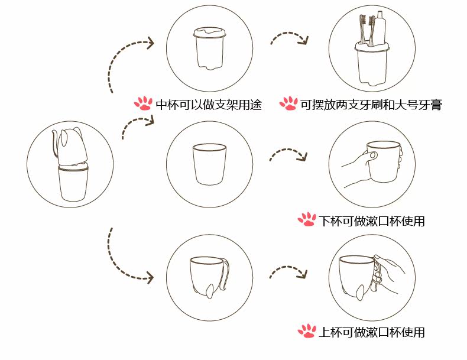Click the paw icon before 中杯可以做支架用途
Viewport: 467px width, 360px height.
tap(143, 103)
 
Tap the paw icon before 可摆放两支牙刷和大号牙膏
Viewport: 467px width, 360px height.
tap(288, 104)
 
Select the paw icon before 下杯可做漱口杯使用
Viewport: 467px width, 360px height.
tap(307, 220)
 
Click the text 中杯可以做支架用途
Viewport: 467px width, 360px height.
tap(208, 105)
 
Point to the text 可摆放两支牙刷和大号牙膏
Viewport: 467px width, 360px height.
tap(371, 105)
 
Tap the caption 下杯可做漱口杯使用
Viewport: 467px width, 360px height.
tap(372, 220)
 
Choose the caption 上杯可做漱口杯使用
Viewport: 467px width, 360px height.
tap(372, 332)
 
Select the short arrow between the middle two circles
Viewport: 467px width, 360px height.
tap(288, 155)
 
